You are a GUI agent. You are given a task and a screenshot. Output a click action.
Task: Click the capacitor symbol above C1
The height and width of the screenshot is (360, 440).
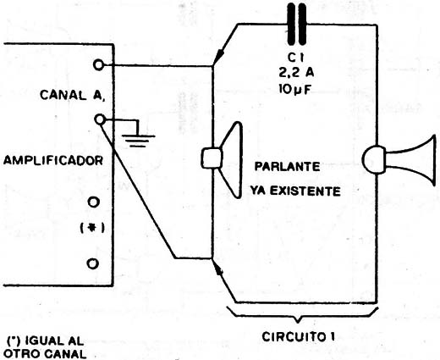pyautogui.click(x=297, y=25)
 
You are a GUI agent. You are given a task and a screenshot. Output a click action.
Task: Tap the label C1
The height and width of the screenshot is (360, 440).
pyautogui.click(x=296, y=58)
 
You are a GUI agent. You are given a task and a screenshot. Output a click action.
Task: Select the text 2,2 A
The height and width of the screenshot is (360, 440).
pyautogui.click(x=296, y=73)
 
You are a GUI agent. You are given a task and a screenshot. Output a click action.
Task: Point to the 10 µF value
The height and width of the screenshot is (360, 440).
pyautogui.click(x=294, y=90)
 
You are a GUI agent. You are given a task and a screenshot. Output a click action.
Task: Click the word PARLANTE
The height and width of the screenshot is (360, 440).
pyautogui.click(x=287, y=166)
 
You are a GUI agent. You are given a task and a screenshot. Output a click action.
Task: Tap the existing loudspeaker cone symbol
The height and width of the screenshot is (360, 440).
pyautogui.click(x=222, y=159)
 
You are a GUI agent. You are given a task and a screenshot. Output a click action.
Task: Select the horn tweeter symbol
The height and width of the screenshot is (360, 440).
pyautogui.click(x=399, y=160)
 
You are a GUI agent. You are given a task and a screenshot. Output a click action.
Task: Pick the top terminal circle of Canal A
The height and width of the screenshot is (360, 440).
pyautogui.click(x=98, y=65)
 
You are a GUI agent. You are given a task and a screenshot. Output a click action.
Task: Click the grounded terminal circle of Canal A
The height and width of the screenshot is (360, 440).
pyautogui.click(x=99, y=119)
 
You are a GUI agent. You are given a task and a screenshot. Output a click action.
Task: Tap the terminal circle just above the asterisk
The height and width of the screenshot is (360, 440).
pyautogui.click(x=94, y=202)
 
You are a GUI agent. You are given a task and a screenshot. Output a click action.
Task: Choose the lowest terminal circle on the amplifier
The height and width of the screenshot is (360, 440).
pyautogui.click(x=92, y=263)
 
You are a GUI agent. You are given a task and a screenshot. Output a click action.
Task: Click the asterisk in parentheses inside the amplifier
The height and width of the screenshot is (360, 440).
pyautogui.click(x=92, y=228)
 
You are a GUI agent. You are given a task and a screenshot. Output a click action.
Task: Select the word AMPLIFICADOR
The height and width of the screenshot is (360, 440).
pyautogui.click(x=53, y=161)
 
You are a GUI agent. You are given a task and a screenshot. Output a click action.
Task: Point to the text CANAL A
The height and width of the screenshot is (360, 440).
pyautogui.click(x=73, y=95)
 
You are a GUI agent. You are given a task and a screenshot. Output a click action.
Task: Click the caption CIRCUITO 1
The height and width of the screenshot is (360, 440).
pyautogui.click(x=299, y=336)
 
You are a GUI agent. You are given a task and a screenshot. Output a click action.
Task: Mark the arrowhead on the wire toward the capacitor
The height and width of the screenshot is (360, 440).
pyautogui.click(x=218, y=56)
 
